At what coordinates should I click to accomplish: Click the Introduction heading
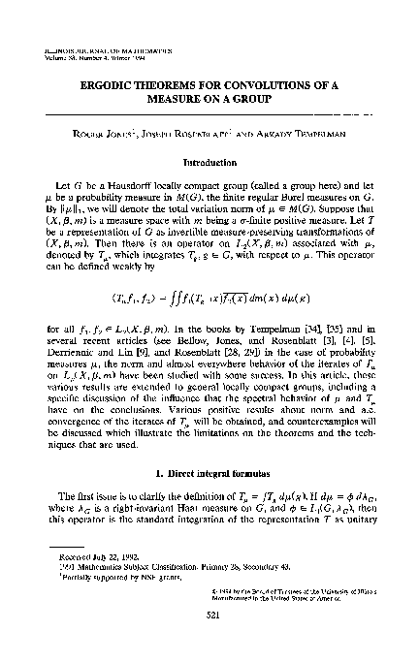[x=209, y=164]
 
